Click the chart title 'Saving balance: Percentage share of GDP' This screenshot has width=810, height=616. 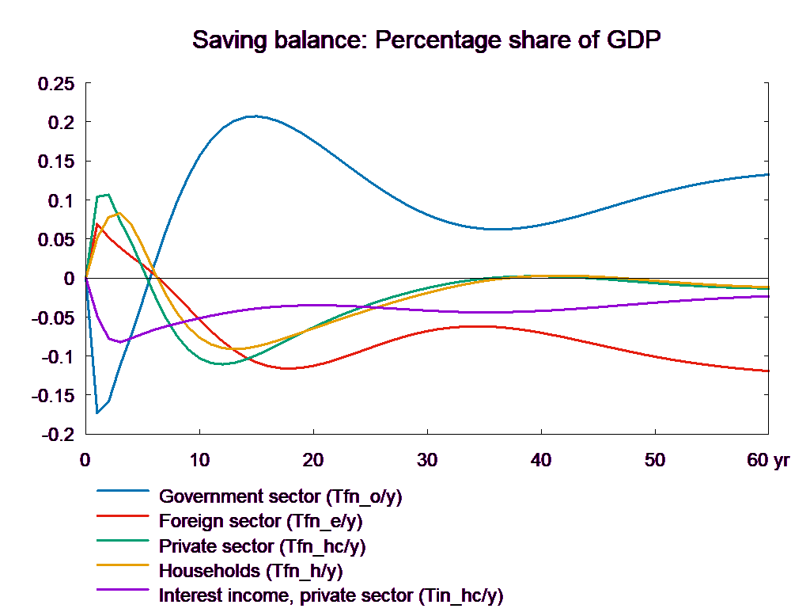(426, 40)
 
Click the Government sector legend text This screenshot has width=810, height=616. (280, 497)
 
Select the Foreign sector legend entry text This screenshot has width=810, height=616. (260, 522)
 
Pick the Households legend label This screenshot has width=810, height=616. (251, 571)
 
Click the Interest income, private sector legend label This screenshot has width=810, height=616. (331, 595)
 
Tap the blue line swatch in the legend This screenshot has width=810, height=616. (123, 490)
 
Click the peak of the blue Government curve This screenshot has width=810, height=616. (254, 116)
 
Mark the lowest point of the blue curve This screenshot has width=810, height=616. (97, 413)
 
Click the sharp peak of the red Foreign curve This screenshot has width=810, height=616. (97, 223)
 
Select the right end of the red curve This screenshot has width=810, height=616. (769, 371)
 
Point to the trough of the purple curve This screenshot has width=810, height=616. (119, 342)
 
